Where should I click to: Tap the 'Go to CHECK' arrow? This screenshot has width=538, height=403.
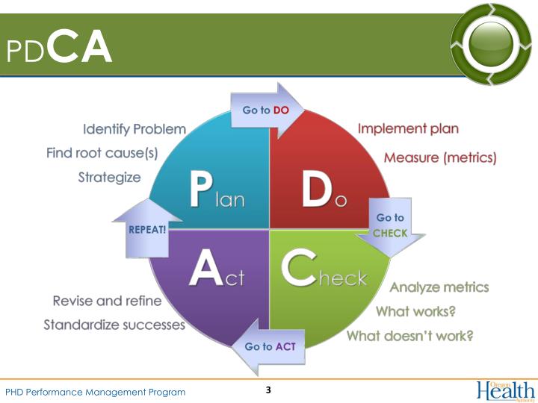click(390, 226)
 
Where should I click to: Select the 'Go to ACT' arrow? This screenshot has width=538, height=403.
click(270, 346)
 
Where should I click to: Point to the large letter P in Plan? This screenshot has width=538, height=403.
click(200, 190)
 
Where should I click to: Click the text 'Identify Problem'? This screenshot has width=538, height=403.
click(134, 129)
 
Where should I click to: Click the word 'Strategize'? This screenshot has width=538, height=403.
click(109, 178)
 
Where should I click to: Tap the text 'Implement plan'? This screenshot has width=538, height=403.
click(408, 128)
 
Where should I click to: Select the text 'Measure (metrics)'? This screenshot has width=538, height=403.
click(439, 157)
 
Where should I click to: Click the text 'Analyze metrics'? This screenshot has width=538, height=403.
click(439, 287)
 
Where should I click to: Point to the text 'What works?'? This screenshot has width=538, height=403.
click(415, 311)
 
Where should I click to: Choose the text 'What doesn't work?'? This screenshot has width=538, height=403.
click(409, 336)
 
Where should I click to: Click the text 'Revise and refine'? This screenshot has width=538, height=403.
click(107, 301)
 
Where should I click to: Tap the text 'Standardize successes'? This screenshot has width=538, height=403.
click(114, 325)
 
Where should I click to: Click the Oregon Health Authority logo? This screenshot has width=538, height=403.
click(506, 390)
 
